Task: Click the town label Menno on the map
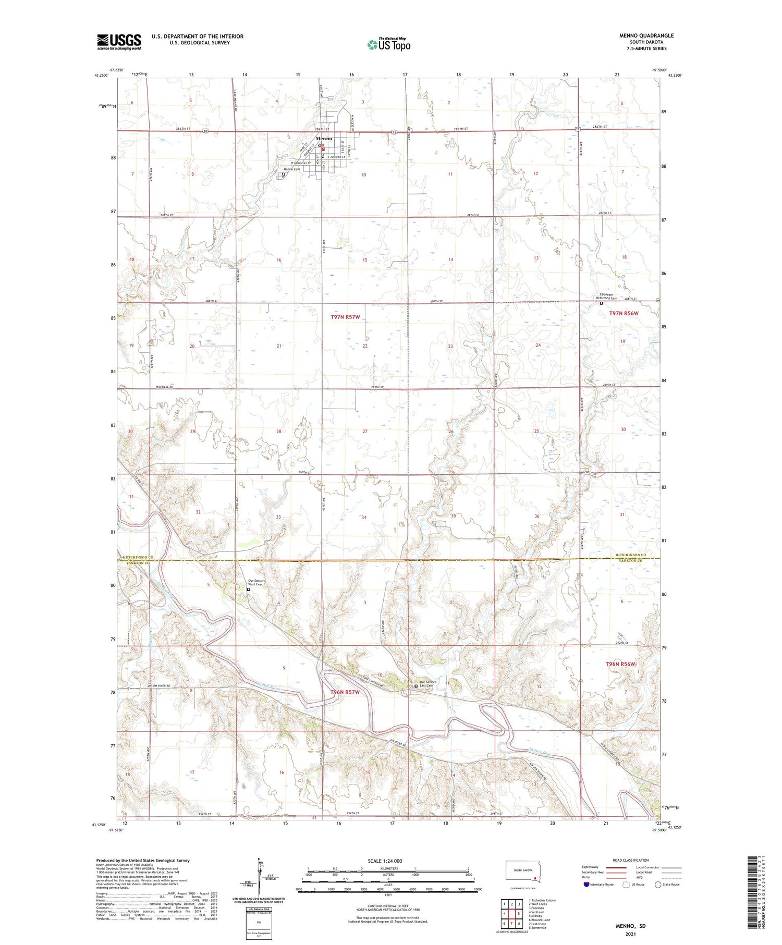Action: coord(324,139)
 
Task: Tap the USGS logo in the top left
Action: coord(119,42)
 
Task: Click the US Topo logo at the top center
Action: coord(388,44)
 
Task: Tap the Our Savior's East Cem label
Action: coord(426,684)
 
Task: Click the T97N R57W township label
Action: coord(345,317)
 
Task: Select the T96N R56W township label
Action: coord(620,664)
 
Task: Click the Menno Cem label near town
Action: coord(291,169)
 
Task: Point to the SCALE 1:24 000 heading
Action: coord(385,861)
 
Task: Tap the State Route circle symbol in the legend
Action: coord(658,885)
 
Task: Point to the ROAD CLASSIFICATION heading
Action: coord(631,860)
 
